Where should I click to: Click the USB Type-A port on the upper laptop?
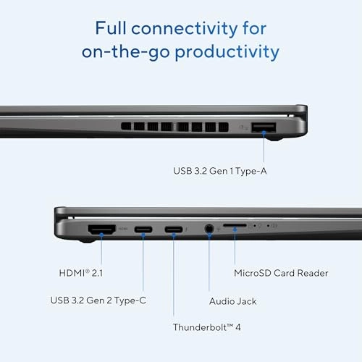(x=264, y=129)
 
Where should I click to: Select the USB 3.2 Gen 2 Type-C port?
(x=143, y=230)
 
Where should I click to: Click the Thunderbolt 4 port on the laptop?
(x=174, y=230)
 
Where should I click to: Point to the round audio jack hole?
(x=209, y=230)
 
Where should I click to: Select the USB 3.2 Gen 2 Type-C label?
(x=99, y=300)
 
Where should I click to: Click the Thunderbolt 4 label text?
(x=206, y=327)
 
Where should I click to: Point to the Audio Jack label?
(x=232, y=300)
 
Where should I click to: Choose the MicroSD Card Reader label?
(x=281, y=273)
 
